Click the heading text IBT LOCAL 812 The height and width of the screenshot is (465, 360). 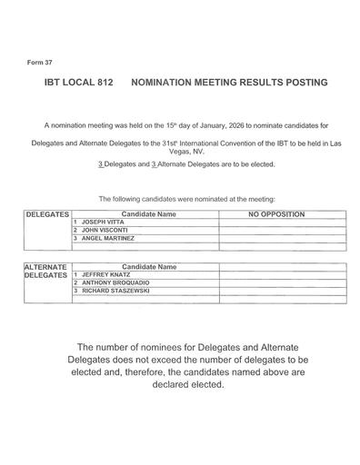tap(78, 82)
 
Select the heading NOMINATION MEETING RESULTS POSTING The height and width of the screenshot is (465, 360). tap(230, 82)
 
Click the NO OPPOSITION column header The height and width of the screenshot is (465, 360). tap(275, 213)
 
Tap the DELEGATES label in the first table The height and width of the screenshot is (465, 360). tap(48, 213)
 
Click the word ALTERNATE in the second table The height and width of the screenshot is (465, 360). tap(47, 266)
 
